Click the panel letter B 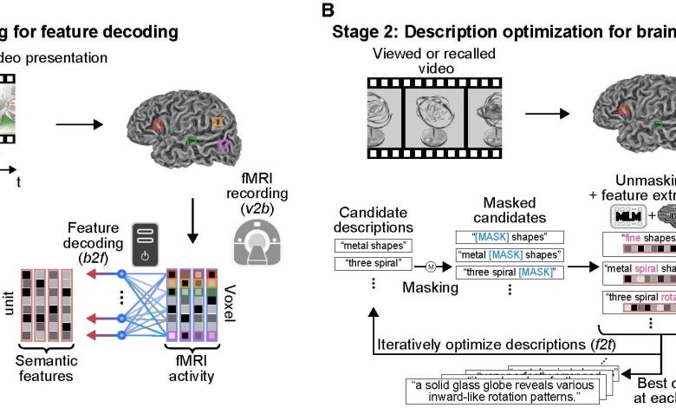pyautogui.click(x=327, y=10)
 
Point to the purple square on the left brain pyautogui.click(x=224, y=144)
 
